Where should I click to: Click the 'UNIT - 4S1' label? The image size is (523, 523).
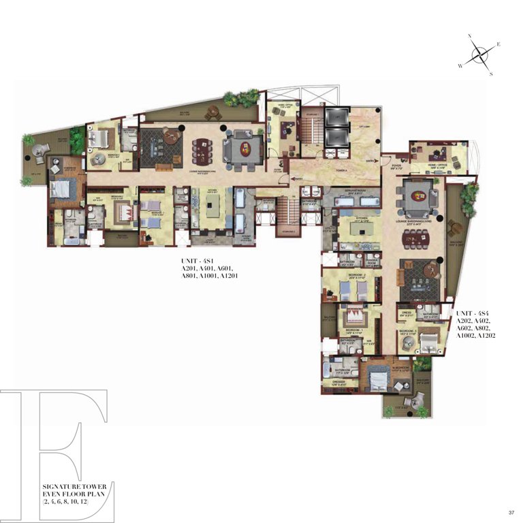click(x=195, y=261)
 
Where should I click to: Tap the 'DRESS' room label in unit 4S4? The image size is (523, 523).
click(x=406, y=314)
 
